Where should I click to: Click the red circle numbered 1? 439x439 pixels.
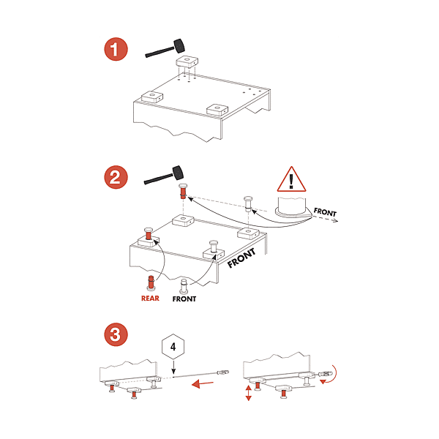pyautogui.click(x=116, y=50)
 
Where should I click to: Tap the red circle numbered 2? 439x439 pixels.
pyautogui.click(x=116, y=176)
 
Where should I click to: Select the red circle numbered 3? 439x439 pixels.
pyautogui.click(x=116, y=335)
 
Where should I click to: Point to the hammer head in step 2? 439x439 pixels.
pyautogui.click(x=177, y=173)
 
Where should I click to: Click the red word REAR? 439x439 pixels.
pyautogui.click(x=150, y=299)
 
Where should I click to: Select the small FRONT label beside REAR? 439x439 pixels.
pyautogui.click(x=184, y=299)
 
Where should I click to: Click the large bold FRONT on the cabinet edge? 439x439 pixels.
pyautogui.click(x=242, y=258)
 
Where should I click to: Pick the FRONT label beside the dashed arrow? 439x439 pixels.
pyautogui.click(x=325, y=212)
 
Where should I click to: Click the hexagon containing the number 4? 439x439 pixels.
pyautogui.click(x=173, y=347)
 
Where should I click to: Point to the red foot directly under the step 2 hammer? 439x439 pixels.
pyautogui.click(x=183, y=193)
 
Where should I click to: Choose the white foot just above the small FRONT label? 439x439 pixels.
pyautogui.click(x=184, y=284)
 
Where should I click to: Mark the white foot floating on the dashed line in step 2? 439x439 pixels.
pyautogui.click(x=248, y=203)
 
